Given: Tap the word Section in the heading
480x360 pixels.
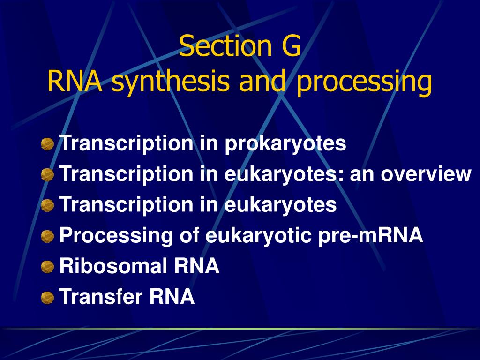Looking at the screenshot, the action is (225, 46).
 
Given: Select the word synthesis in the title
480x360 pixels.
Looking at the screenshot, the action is (170, 81).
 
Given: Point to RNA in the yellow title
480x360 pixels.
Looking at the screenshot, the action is (75, 81).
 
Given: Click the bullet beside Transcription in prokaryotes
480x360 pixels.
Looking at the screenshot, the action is (47, 144).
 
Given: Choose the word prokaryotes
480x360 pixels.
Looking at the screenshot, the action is (285, 144).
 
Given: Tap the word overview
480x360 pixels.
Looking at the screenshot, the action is (426, 174).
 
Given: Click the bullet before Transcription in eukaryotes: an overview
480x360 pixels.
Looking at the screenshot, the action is (47, 175).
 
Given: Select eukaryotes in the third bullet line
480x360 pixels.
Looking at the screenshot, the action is (280, 205).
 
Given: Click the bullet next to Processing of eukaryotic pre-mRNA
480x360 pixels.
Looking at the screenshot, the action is (47, 236).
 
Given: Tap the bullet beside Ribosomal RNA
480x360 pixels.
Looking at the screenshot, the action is (47, 266).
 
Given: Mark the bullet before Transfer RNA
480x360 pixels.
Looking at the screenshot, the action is (47, 297).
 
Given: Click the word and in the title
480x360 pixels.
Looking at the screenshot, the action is (262, 81).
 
